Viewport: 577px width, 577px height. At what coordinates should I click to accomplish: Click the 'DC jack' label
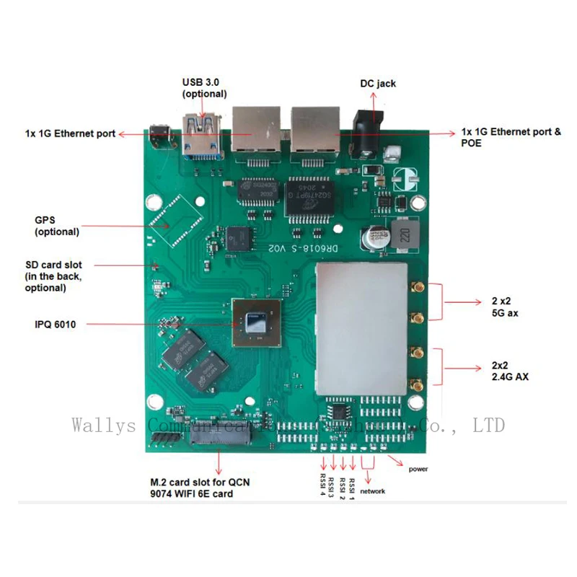(x=378, y=84)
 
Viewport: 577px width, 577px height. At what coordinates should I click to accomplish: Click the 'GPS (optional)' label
(x=57, y=226)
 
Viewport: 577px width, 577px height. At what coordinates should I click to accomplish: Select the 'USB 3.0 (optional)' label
(x=204, y=88)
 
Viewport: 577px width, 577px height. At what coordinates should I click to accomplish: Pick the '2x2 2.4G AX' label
(x=506, y=370)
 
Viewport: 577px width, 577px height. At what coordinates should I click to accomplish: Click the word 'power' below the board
(x=418, y=469)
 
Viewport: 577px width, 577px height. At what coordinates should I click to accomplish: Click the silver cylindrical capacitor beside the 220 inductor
(x=376, y=237)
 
